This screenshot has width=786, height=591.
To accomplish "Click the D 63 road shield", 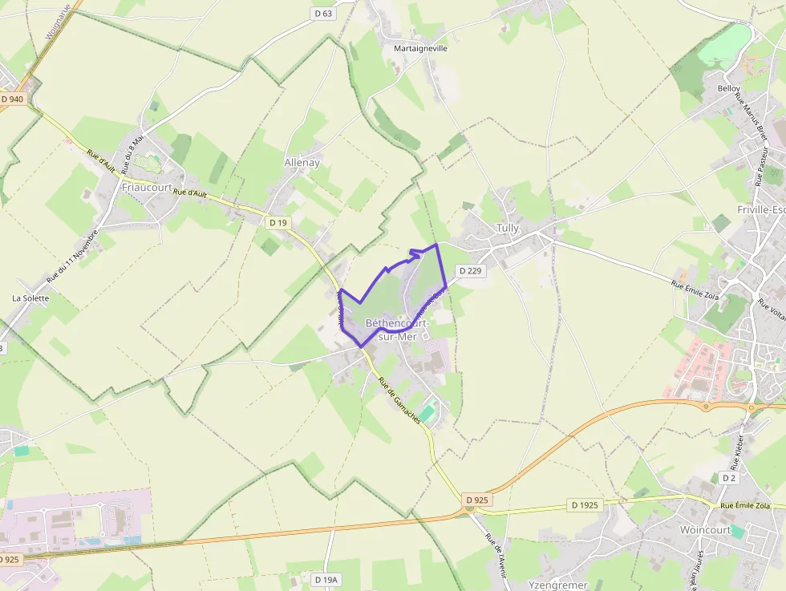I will click(x=322, y=14).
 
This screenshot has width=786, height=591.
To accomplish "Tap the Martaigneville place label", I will click(x=420, y=48).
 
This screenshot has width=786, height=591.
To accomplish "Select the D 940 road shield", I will click(x=13, y=99).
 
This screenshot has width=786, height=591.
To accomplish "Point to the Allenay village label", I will click(x=302, y=162).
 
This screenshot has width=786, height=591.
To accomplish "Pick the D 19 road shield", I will click(x=278, y=222).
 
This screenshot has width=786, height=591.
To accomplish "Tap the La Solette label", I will click(x=30, y=298).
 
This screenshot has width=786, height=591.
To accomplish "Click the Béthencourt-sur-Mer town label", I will click(x=397, y=330).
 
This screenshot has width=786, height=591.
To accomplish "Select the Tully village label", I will click(x=507, y=229).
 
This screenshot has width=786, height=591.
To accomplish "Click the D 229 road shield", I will click(x=472, y=271).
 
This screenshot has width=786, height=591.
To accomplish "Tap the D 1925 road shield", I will click(x=585, y=505).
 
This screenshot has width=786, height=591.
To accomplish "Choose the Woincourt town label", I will click(x=704, y=530).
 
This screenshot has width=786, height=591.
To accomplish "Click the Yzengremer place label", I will click(x=558, y=585).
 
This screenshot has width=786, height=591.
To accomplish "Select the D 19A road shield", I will click(x=327, y=579).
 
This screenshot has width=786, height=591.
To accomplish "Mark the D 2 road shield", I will click(x=728, y=478).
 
